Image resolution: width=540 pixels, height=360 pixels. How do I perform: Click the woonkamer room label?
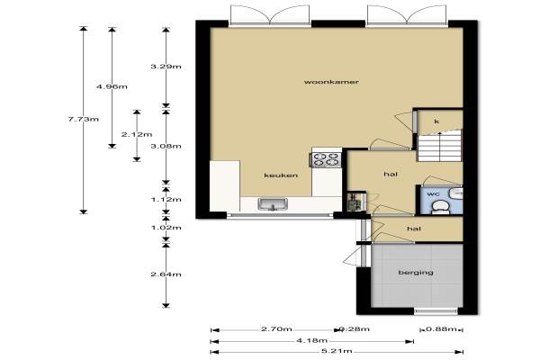(x=327, y=82)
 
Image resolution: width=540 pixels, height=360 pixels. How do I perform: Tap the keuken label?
(x=281, y=175)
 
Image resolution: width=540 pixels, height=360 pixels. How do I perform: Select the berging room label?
(x=416, y=273)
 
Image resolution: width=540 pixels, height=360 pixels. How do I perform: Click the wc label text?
(x=433, y=194)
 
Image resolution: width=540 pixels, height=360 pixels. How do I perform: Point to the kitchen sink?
(x=273, y=204)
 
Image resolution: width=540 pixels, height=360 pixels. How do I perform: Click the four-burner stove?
(x=326, y=159)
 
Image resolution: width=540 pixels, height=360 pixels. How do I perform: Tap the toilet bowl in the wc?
(x=440, y=208)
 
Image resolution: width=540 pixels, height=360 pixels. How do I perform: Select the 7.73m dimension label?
(x=84, y=119)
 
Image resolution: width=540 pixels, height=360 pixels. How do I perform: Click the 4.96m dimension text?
(x=112, y=86)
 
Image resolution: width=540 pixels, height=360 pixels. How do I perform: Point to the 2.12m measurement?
(x=137, y=134)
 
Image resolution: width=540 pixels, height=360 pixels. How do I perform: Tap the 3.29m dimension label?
(x=166, y=67)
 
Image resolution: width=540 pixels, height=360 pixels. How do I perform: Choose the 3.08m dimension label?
(x=166, y=146)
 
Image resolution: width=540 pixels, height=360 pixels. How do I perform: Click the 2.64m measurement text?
(x=166, y=274)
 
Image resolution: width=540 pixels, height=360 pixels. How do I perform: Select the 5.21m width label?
(x=337, y=351)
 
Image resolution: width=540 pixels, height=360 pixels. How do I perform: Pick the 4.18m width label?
(x=312, y=340)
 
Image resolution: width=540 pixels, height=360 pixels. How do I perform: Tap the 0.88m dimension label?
(x=441, y=329)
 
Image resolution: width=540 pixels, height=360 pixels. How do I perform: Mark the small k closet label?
(x=436, y=121)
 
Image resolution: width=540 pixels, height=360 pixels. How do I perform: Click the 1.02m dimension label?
(x=166, y=228)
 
